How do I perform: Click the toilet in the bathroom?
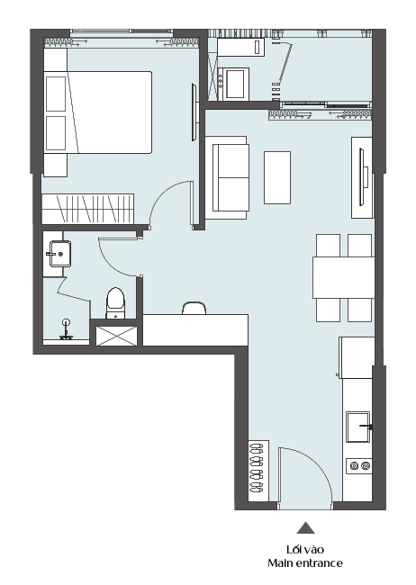click(116, 303)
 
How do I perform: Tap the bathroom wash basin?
click(60, 254)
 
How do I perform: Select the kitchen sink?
click(358, 427)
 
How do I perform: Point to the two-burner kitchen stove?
click(359, 465)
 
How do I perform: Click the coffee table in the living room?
click(277, 177)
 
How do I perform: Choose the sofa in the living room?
click(227, 177)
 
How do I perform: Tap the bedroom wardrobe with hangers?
click(87, 209)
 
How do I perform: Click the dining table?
click(344, 277)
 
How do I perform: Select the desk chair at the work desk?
click(194, 308)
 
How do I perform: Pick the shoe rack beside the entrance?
click(258, 471)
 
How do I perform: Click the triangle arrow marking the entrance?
click(306, 527)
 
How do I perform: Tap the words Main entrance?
click(305, 563)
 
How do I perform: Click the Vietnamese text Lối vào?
click(305, 550)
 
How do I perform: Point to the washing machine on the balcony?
click(236, 84)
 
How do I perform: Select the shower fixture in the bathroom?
click(67, 329)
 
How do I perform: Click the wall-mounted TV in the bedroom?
click(194, 112)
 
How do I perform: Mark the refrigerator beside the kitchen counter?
click(357, 358)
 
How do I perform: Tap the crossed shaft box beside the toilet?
click(116, 336)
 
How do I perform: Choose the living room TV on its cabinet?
click(361, 177)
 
